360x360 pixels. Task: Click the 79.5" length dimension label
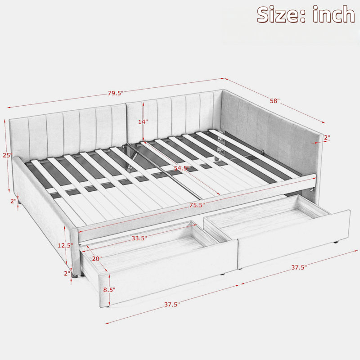(116, 93)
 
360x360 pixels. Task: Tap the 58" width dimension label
(274, 101)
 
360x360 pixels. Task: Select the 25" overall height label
(7, 155)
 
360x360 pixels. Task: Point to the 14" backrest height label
(143, 121)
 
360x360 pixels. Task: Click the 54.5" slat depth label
(182, 168)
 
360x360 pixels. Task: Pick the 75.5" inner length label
(197, 205)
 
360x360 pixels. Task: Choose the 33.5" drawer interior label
(139, 238)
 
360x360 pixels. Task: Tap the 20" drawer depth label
(97, 259)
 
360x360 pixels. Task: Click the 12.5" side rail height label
(65, 245)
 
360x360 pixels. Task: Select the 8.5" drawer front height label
(109, 290)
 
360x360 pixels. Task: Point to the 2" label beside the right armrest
(327, 138)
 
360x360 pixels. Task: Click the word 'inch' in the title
(333, 14)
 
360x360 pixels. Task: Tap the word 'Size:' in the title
(281, 15)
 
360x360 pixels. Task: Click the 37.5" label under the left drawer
(172, 305)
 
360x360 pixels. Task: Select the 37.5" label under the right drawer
(299, 267)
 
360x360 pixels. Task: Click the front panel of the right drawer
(294, 239)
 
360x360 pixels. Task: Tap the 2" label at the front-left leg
(67, 273)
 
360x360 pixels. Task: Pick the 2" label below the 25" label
(13, 201)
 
